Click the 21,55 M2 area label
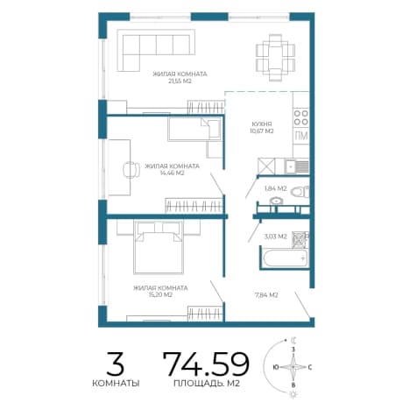tap(180, 81)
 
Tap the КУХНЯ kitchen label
tap(262, 124)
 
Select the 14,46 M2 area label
tap(172, 173)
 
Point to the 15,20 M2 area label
tap(160, 294)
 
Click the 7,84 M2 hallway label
tap(266, 295)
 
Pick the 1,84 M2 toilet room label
tap(275, 188)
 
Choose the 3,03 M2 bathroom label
tap(276, 237)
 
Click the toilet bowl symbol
tap(300, 192)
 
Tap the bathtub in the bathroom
tap(284, 258)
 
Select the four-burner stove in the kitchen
tap(301, 117)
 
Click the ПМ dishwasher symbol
tap(301, 136)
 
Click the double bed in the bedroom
tap(159, 247)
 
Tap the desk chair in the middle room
tap(131, 169)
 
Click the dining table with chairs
tap(275, 58)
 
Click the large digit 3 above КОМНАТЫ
tap(115, 364)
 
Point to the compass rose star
tap(293, 367)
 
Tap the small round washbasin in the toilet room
tap(276, 201)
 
